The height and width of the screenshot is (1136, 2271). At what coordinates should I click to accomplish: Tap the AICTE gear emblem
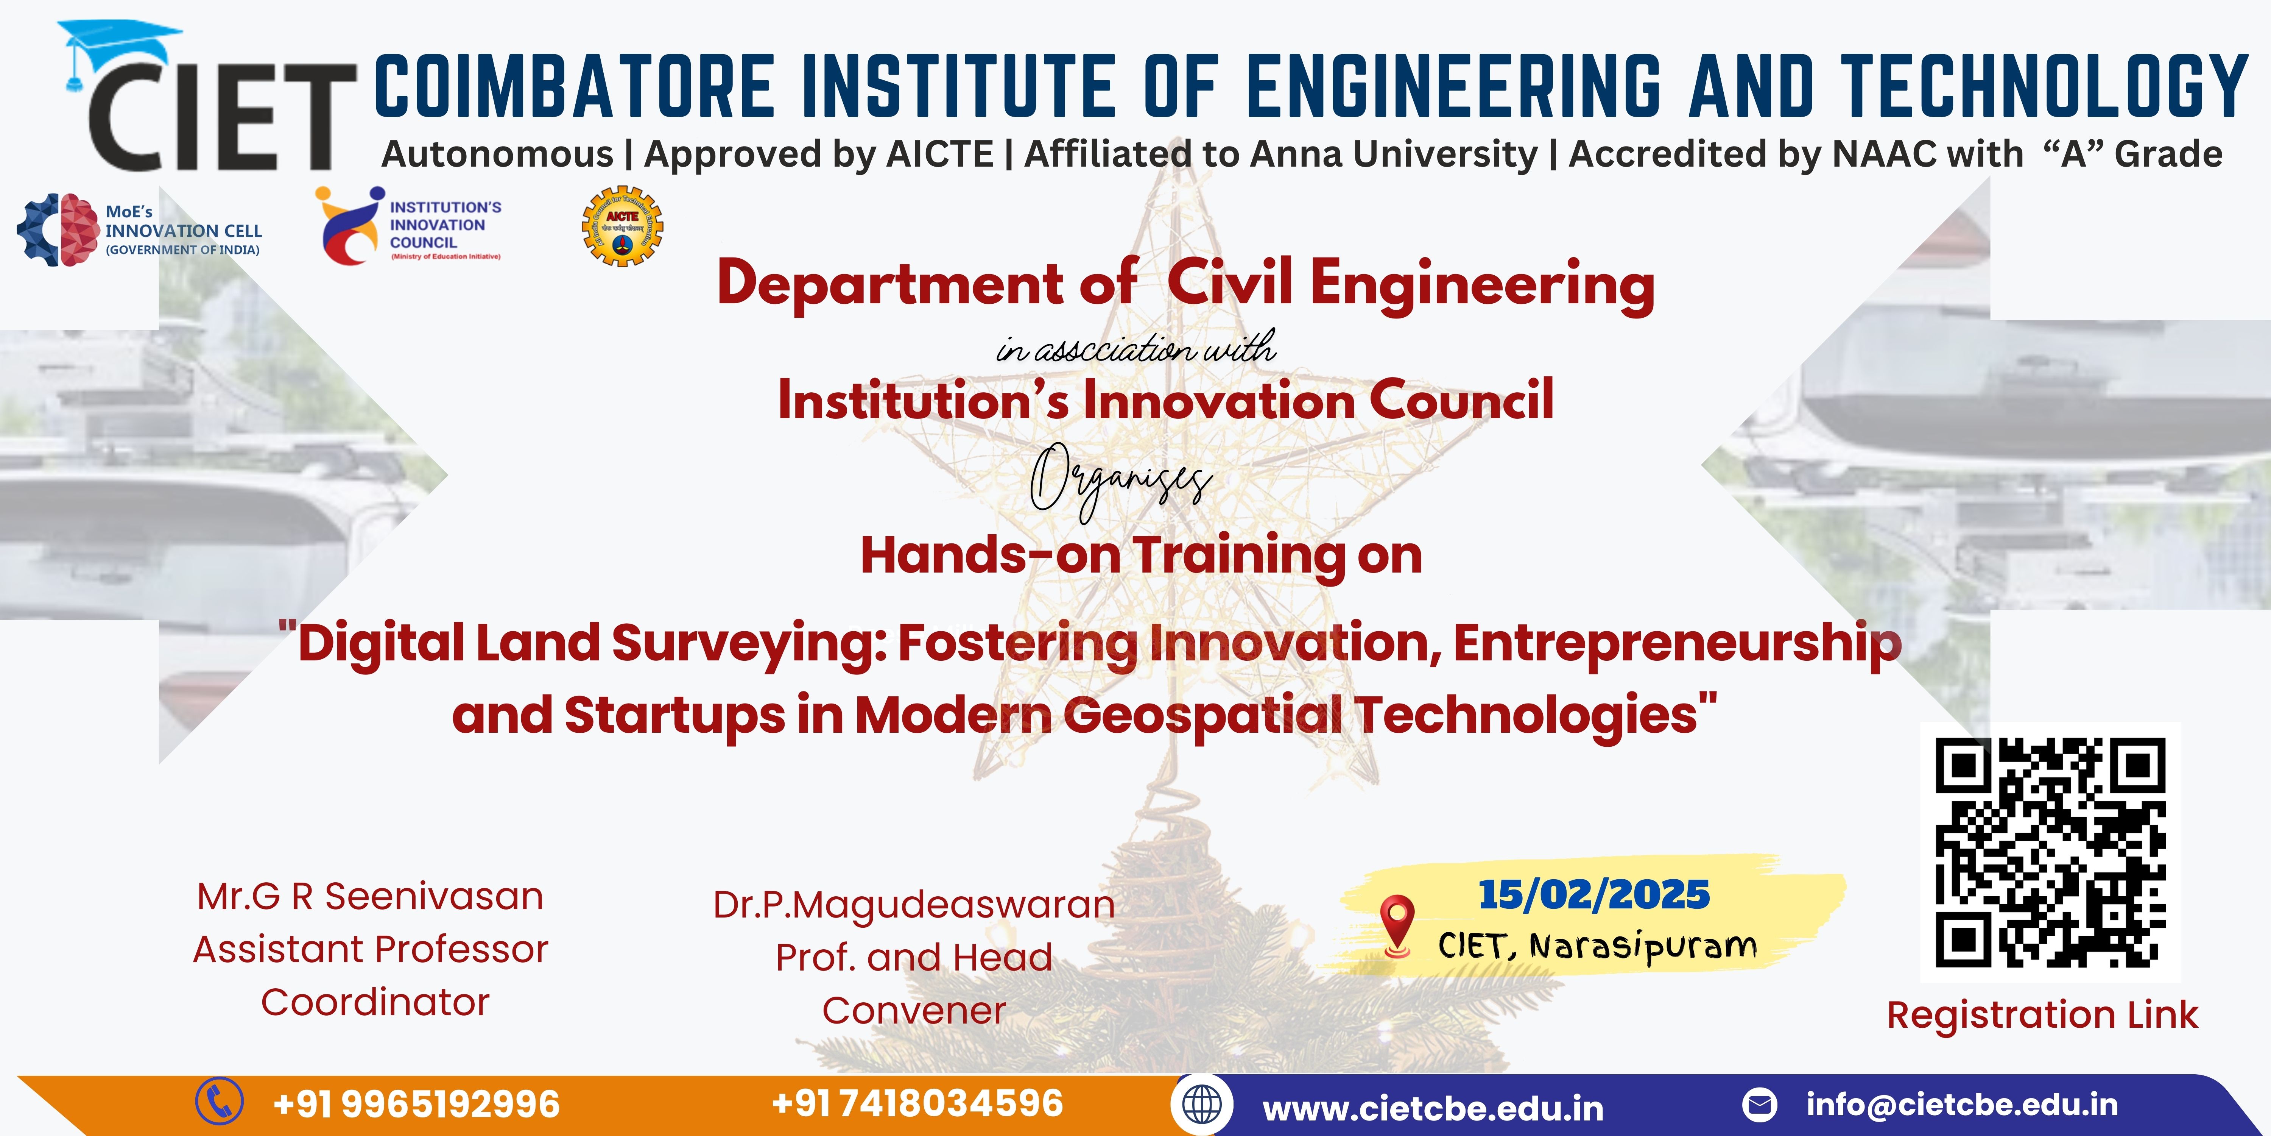point(622,226)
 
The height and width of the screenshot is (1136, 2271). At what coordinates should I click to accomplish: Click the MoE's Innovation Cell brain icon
point(57,229)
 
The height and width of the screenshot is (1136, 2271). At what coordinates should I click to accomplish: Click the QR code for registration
point(2051,852)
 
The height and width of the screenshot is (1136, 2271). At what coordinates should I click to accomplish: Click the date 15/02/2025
point(1594,894)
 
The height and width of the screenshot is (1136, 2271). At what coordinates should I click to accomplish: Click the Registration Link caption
point(2042,1015)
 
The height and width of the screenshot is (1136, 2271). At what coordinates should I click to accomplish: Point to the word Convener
point(914,1011)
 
